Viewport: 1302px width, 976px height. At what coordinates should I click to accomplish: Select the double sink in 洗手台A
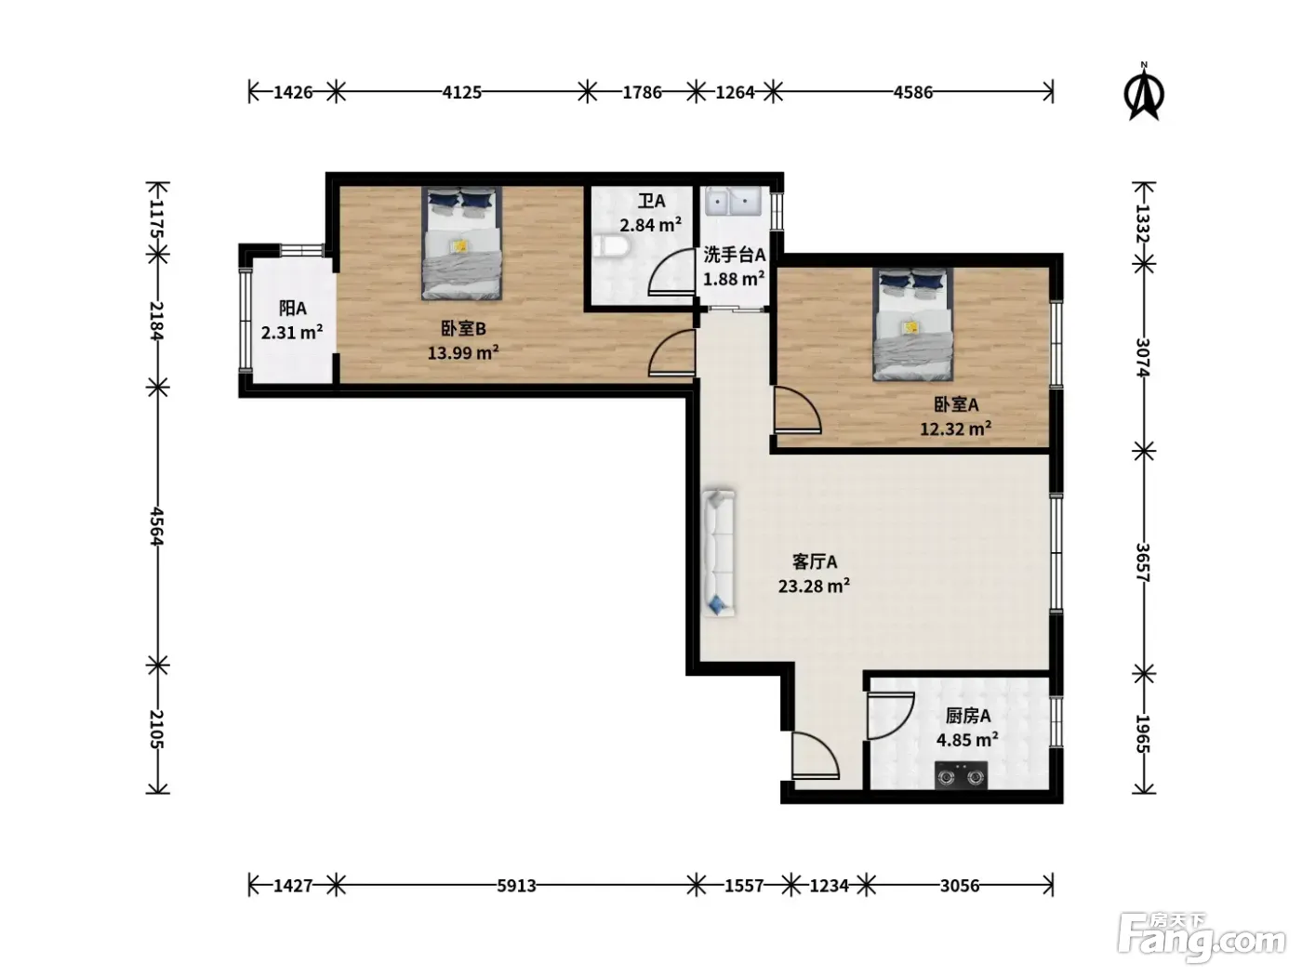pos(733,202)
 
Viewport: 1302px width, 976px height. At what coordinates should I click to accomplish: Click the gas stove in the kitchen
pos(961,774)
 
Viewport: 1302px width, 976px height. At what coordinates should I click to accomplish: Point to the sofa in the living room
pos(719,553)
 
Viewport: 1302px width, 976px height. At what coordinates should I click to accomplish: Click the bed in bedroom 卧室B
pos(461,243)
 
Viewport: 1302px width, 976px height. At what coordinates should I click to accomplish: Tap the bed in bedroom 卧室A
pos(912,323)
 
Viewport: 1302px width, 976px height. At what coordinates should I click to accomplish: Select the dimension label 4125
pos(461,92)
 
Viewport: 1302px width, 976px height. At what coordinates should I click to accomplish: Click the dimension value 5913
pos(516,885)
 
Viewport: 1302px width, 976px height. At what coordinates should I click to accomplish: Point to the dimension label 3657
pos(1143,562)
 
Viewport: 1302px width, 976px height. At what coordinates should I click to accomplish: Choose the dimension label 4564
pos(156,525)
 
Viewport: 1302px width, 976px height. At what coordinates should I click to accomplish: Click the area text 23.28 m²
pos(814,587)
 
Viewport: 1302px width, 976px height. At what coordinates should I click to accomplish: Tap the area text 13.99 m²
pos(462,353)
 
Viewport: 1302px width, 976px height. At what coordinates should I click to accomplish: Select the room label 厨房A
pos(967,716)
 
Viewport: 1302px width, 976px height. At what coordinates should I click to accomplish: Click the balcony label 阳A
pos(292,309)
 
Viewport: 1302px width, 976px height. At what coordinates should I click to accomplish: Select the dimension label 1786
pos(642,92)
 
